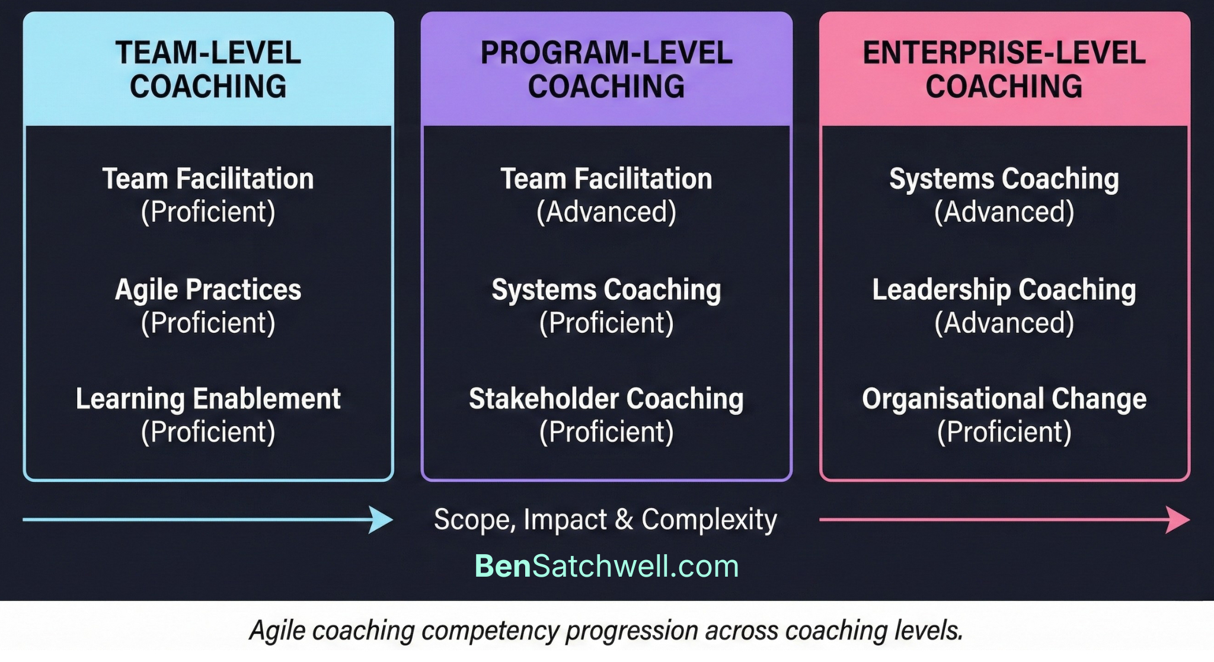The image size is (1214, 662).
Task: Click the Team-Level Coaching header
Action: [x=208, y=69]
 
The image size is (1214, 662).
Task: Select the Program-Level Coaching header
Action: [x=606, y=69]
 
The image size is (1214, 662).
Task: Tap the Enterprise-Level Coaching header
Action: [x=1004, y=69]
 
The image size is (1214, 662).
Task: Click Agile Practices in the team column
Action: [x=208, y=290]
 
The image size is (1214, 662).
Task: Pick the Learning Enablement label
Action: [x=208, y=399]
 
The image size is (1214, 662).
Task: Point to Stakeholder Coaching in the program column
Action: [x=606, y=399]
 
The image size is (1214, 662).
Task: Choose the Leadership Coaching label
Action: [x=1004, y=290]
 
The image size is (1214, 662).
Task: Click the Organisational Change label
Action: [x=1004, y=399]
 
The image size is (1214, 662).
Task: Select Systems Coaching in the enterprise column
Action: [x=1004, y=179]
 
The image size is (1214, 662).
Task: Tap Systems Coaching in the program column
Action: [x=606, y=290]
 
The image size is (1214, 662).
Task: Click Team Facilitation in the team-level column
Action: [x=208, y=179]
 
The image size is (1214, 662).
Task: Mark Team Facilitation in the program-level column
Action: [x=606, y=179]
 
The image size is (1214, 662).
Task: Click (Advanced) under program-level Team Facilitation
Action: [x=606, y=212]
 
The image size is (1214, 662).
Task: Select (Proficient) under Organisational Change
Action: [x=1004, y=432]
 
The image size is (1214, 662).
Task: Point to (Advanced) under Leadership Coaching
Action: [x=1004, y=323]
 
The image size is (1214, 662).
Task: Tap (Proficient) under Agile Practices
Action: [x=208, y=323]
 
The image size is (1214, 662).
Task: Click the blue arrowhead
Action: [x=381, y=520]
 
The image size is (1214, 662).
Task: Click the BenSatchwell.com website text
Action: [x=606, y=566]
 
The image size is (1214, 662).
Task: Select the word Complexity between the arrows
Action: [x=709, y=520]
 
